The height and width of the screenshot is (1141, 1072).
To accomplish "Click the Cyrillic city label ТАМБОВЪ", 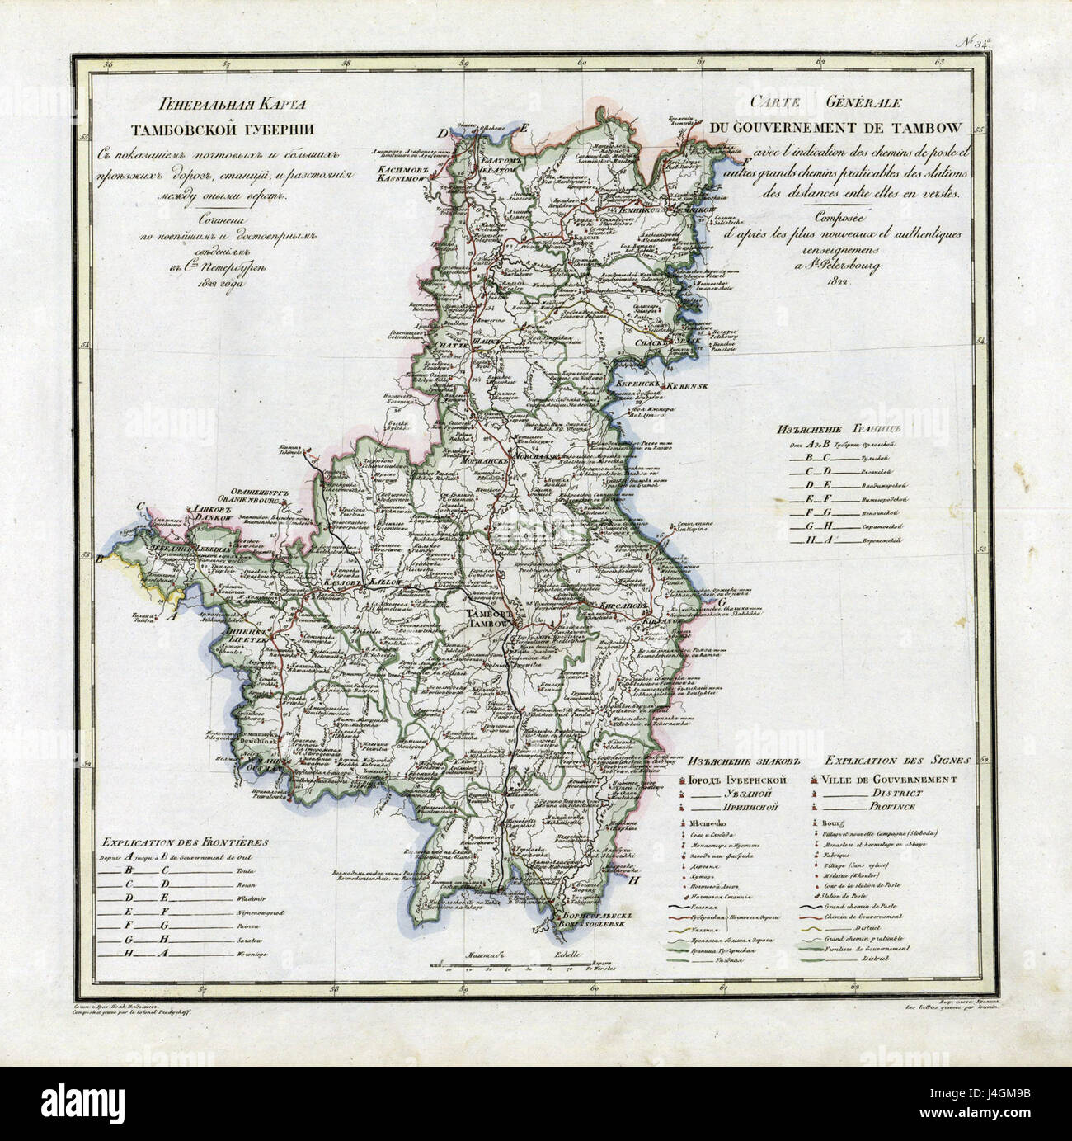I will pyautogui.click(x=490, y=615).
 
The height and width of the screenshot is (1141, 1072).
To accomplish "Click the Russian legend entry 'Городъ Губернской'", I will pyautogui.click(x=730, y=779).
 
